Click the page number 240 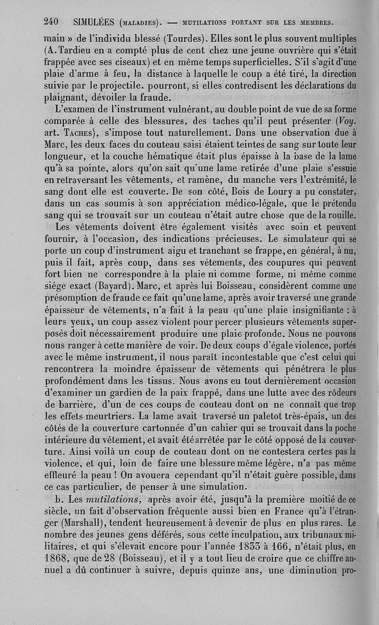click(50, 21)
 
